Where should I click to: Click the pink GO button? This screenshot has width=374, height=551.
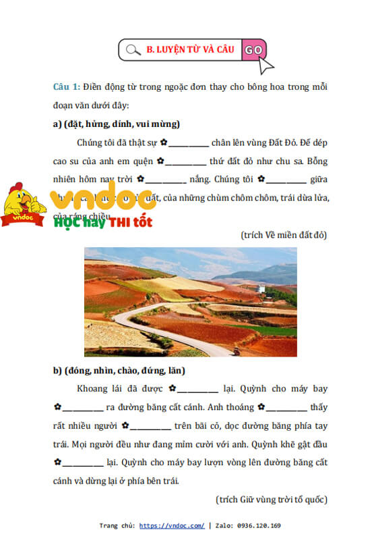point(254,49)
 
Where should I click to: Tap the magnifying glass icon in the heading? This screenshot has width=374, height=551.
point(133,49)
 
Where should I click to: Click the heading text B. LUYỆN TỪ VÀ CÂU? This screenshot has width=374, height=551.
point(190,49)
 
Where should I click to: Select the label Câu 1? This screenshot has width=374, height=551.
point(67,88)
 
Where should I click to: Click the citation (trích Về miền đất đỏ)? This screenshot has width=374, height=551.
point(283,234)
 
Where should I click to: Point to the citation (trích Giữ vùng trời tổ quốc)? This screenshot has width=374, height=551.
point(272,499)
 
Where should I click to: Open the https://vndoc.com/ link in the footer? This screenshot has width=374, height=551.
point(172,525)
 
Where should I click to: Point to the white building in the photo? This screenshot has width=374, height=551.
point(260,288)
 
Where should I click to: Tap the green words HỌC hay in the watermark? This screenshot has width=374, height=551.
point(80,221)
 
